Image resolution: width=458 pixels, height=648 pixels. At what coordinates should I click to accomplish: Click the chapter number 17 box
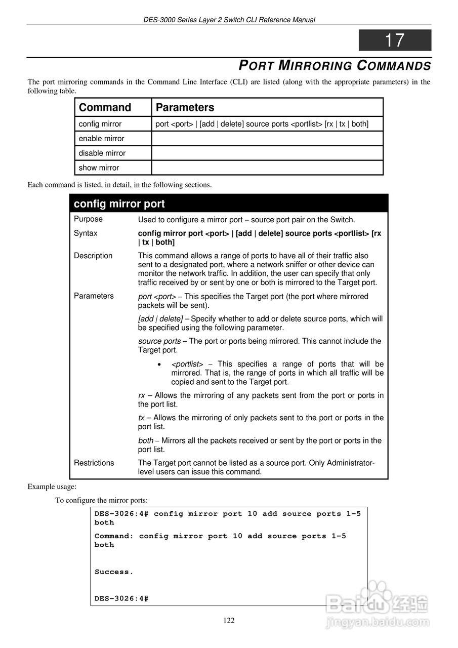(395, 40)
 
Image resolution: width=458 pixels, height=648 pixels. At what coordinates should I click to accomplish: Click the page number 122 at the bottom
(229, 621)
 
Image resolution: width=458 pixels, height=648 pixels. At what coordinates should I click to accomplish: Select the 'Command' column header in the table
(105, 107)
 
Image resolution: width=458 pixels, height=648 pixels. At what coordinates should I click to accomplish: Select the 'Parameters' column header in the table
(185, 107)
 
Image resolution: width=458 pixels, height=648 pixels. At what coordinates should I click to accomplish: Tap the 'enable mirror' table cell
(101, 139)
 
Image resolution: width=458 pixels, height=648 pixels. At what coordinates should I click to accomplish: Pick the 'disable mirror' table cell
(102, 153)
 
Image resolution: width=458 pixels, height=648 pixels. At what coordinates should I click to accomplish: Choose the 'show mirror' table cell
(99, 168)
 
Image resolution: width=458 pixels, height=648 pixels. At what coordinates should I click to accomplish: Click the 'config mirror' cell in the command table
(100, 124)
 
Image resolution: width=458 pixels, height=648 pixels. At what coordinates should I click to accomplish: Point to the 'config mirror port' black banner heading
(119, 204)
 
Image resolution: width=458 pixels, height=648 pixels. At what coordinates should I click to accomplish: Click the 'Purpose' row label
(88, 219)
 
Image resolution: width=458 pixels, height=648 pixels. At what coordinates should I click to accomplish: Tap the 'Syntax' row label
(86, 233)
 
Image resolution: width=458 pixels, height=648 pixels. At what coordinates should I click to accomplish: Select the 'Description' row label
(93, 256)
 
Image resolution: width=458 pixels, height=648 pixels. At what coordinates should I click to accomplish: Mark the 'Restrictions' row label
(94, 463)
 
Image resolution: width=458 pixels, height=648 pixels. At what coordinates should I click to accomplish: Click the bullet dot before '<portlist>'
(159, 364)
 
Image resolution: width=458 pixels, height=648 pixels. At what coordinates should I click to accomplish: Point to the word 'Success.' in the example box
(114, 572)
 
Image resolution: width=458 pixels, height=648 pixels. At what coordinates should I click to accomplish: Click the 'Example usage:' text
(52, 487)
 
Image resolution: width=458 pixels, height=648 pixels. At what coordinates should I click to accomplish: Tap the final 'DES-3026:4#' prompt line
(121, 599)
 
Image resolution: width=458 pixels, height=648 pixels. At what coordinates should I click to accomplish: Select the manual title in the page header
(229, 20)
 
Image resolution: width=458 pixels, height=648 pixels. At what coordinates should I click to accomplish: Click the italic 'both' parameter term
(146, 441)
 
